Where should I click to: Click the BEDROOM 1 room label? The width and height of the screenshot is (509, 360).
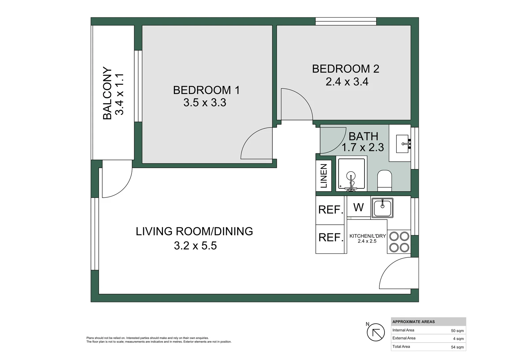tap(206, 90)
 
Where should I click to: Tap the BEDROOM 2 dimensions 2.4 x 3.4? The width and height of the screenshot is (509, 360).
tap(347, 82)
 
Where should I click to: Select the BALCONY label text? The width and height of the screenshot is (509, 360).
tap(107, 93)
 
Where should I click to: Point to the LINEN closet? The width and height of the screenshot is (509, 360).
tap(323, 176)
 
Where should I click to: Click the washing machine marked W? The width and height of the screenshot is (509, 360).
tap(358, 207)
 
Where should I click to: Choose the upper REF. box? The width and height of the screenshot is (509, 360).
tap(330, 210)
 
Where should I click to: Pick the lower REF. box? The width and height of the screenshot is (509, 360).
tap(330, 238)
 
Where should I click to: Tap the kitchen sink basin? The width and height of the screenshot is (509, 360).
tap(382, 208)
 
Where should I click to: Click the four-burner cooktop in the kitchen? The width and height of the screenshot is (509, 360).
tap(399, 242)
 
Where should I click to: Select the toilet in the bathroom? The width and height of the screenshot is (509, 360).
tap(385, 181)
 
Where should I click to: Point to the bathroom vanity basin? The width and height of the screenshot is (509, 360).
tap(402, 144)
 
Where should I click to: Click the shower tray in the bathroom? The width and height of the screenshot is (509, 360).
tap(351, 174)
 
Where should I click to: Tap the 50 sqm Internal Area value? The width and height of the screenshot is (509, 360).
tap(457, 331)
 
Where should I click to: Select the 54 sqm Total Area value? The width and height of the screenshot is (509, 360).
tap(457, 347)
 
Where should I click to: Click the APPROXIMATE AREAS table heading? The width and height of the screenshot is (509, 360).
tap(413, 322)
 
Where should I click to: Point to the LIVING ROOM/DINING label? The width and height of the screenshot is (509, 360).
tap(194, 231)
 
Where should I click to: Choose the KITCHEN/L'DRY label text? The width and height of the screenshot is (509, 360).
tap(367, 236)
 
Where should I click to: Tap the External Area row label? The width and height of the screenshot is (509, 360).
tap(404, 338)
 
